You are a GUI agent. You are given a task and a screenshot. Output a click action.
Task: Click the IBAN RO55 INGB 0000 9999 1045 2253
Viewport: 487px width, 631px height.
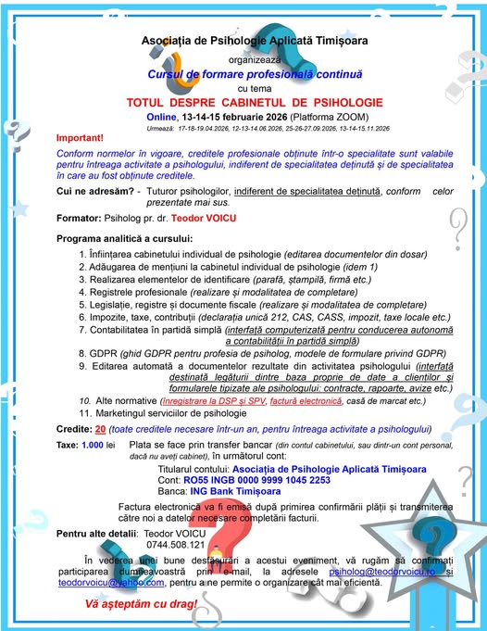click(243, 481)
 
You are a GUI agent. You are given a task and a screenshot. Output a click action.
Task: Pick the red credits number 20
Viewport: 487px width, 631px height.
click(100, 429)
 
